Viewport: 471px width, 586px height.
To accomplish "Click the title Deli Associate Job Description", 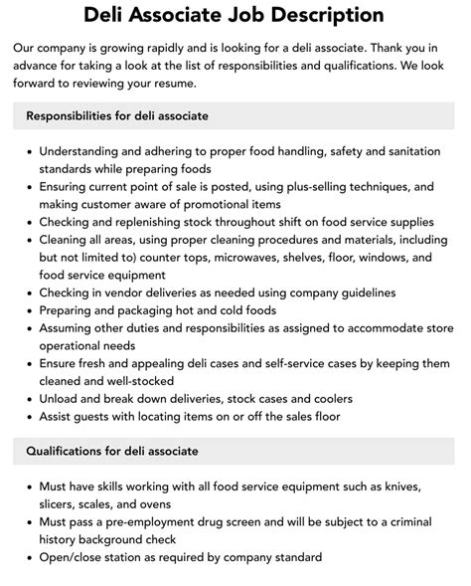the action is (x=235, y=15).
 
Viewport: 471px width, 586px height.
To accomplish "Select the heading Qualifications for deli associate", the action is (x=112, y=451).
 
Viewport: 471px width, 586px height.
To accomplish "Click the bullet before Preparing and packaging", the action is (x=27, y=310).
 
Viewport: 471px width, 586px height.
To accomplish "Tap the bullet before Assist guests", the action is (x=27, y=416).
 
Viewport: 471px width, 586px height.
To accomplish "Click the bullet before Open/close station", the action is (x=27, y=558).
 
